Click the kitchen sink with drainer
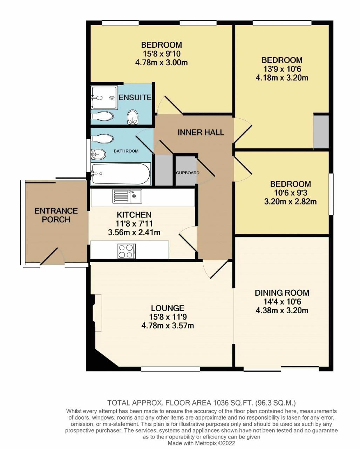click(127, 196)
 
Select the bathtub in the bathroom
click(120, 174)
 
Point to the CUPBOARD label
click(188, 173)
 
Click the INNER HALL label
click(201, 132)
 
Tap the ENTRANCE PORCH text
click(56, 215)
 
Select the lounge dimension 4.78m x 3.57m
click(168, 326)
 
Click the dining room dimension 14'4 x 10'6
click(282, 302)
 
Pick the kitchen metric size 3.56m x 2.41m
click(134, 232)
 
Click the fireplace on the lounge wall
click(97, 313)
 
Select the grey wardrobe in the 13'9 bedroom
click(321, 132)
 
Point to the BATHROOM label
click(126, 151)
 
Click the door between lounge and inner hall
click(215, 270)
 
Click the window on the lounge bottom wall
click(170, 369)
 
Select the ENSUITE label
click(135, 97)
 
